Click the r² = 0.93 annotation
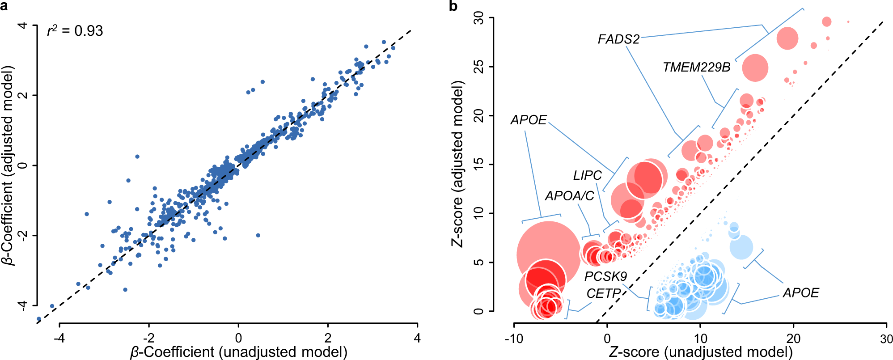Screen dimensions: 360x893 click(75, 31)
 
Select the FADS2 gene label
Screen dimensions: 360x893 click(618, 39)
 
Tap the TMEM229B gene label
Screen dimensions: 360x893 click(696, 67)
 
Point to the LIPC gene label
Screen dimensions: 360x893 click(587, 175)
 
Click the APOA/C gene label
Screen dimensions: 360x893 click(569, 196)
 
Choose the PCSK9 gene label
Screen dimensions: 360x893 click(605, 276)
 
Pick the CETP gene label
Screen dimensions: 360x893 click(603, 293)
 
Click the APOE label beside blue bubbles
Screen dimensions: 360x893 click(800, 293)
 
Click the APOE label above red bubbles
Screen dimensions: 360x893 click(529, 120)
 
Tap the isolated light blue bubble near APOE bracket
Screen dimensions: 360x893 click(741, 247)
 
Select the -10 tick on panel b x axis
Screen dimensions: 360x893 click(514, 339)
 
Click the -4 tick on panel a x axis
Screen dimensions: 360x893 click(59, 338)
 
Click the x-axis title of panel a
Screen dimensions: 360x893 click(238, 352)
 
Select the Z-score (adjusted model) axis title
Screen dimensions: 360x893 click(457, 164)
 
